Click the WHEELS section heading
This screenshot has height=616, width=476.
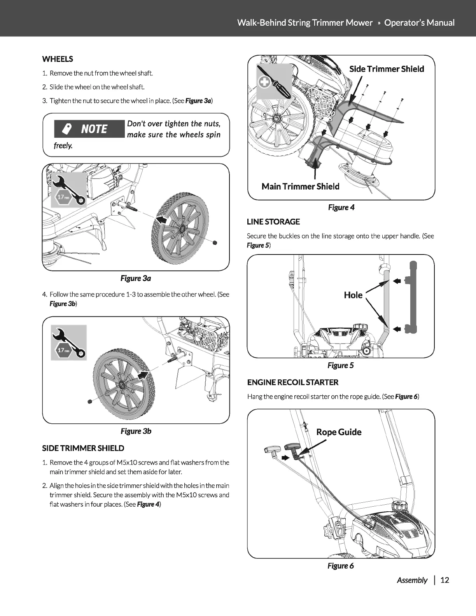pyautogui.click(x=58, y=59)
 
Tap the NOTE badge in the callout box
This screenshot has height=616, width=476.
pyautogui.click(x=89, y=129)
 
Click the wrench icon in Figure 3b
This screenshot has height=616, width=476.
pyautogui.click(x=69, y=342)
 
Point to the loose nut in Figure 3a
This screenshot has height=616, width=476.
pyautogui.click(x=215, y=243)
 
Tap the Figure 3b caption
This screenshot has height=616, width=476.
pyautogui.click(x=136, y=431)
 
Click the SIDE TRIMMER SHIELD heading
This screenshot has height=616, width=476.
pyautogui.click(x=83, y=448)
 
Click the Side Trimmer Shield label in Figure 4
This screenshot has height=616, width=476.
pyautogui.click(x=387, y=69)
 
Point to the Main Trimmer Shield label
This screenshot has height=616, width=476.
pyautogui.click(x=300, y=186)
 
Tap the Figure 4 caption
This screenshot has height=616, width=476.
pyautogui.click(x=341, y=207)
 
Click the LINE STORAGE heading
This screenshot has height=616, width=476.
pyautogui.click(x=273, y=222)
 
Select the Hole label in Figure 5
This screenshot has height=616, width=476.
pyautogui.click(x=353, y=295)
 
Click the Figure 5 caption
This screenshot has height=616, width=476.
pyautogui.click(x=341, y=365)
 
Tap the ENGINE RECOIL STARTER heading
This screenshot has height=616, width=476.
pyautogui.click(x=293, y=382)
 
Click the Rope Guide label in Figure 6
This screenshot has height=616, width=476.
pyautogui.click(x=339, y=432)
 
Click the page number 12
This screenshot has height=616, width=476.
pyautogui.click(x=445, y=580)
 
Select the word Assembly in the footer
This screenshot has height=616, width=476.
pyautogui.click(x=412, y=580)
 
